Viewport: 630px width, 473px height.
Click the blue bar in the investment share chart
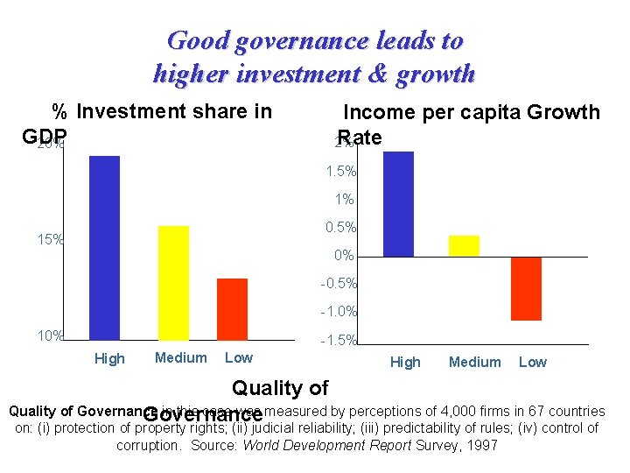pos(104,247)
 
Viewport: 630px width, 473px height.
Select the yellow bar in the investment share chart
pos(173,282)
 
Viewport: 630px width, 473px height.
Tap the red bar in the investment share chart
pos(232,308)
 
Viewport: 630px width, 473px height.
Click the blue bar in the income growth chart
pos(398,204)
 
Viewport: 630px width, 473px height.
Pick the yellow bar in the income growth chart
pos(464,246)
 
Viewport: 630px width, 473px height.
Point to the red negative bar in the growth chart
pos(526,288)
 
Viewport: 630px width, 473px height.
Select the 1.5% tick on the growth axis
pos(339,172)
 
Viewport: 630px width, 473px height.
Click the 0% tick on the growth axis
pos(344,256)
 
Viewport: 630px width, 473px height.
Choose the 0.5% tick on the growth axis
pos(339,228)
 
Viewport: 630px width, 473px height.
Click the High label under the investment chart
pos(109,358)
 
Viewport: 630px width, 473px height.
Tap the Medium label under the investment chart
pos(180,357)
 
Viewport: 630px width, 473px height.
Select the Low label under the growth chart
pos(532,362)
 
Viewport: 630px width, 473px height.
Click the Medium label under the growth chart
pos(474,362)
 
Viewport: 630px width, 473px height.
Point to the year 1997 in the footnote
pos(482,445)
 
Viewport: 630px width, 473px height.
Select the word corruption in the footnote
pos(147,445)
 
